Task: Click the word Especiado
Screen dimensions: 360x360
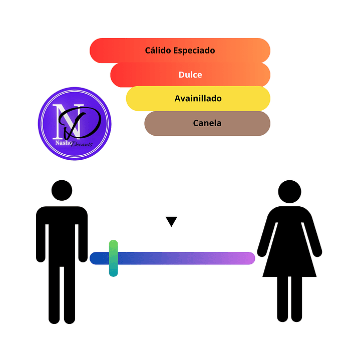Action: (194, 51)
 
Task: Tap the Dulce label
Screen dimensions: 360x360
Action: (190, 75)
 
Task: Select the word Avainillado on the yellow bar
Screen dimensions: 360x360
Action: (198, 98)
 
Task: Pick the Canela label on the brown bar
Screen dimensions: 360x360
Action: (207, 123)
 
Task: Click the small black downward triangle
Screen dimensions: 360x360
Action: (171, 221)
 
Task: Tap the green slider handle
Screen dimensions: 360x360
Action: (114, 258)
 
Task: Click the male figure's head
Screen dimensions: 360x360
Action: (62, 190)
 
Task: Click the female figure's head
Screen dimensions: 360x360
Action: (289, 191)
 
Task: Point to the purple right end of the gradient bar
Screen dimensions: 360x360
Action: (250, 258)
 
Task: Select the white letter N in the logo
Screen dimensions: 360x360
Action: (68, 122)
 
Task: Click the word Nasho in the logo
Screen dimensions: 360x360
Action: (64, 143)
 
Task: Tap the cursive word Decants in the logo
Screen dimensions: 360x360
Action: (82, 144)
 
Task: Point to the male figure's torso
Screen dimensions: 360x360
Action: (62, 236)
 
